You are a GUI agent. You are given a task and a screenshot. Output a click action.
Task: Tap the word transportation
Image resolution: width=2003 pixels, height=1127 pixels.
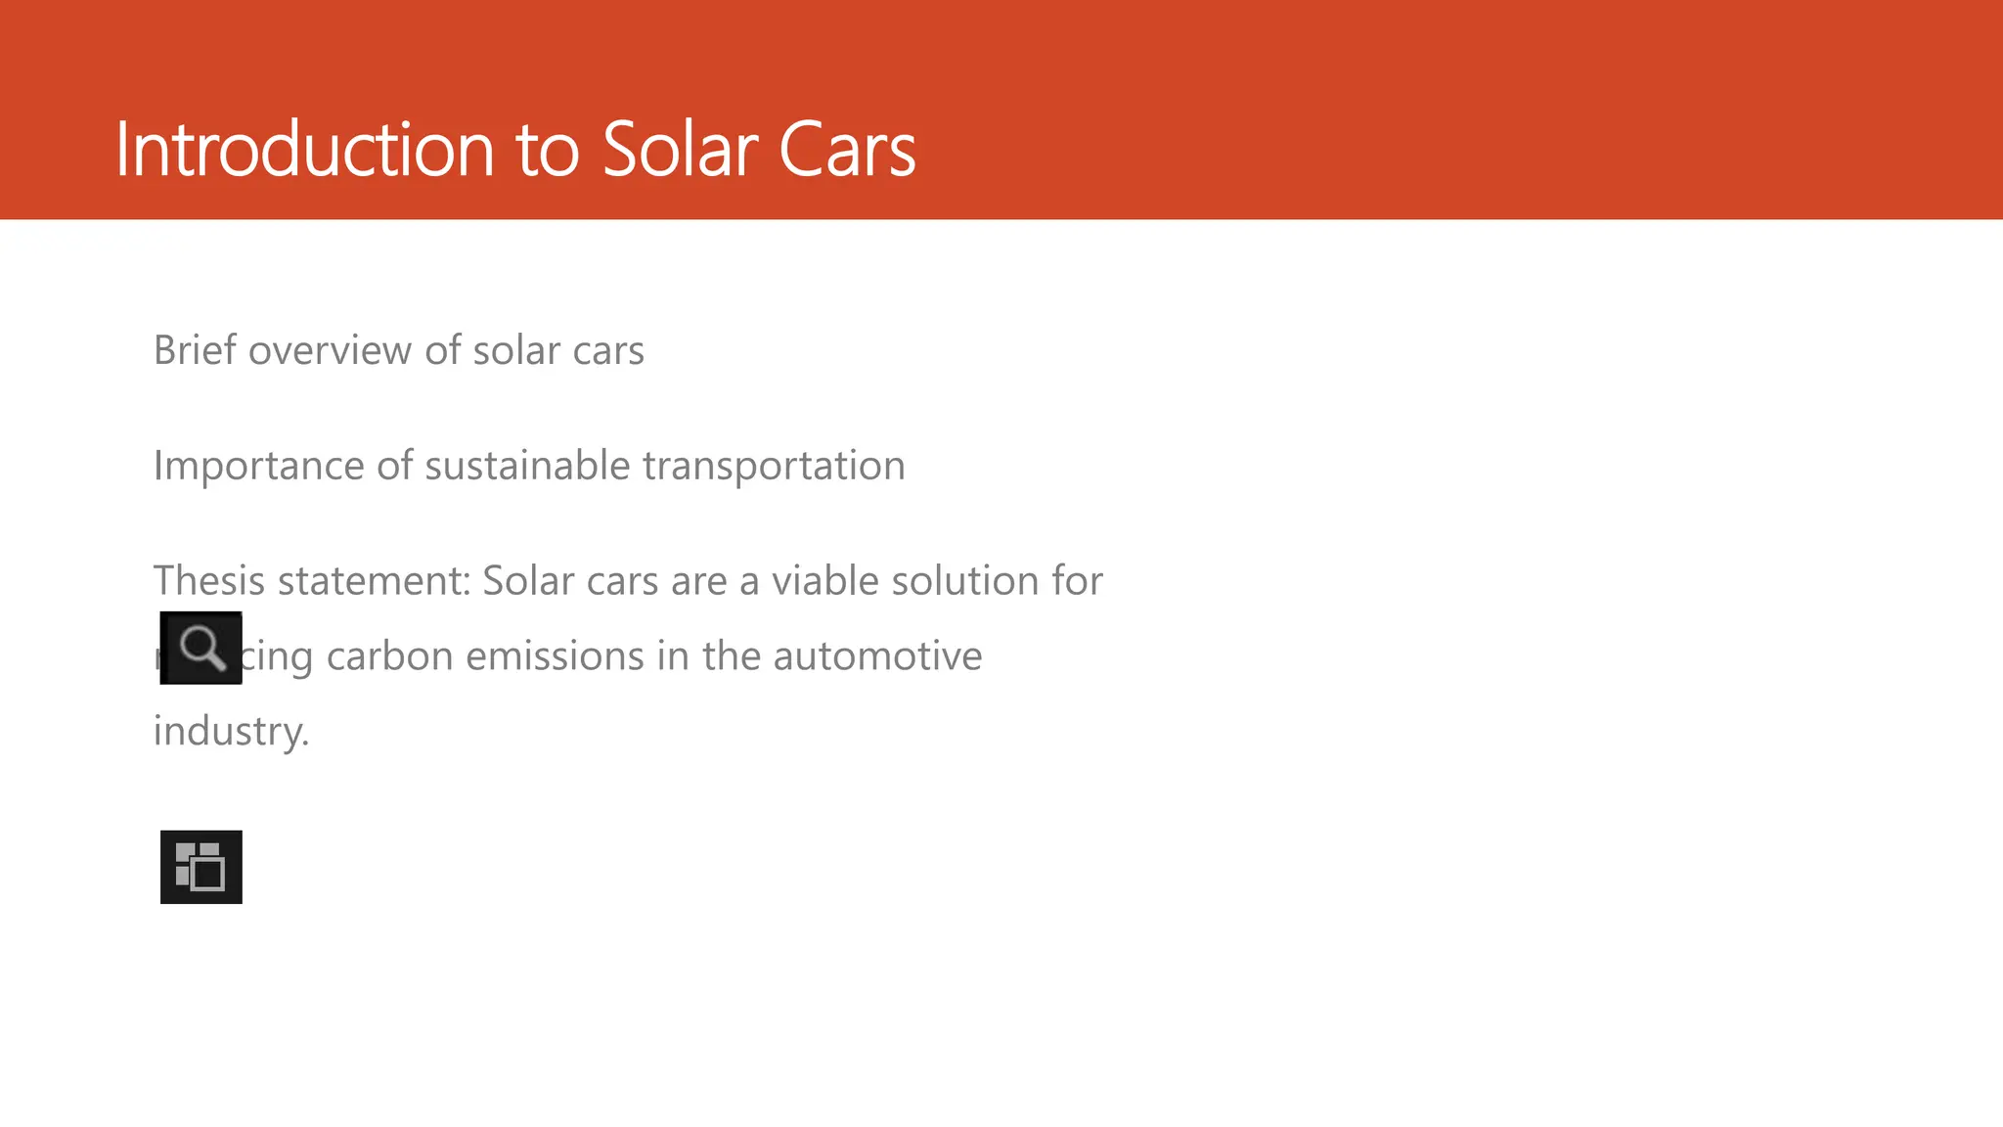point(774,467)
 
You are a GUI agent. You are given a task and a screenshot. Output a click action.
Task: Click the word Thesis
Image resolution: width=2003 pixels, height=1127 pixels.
point(209,581)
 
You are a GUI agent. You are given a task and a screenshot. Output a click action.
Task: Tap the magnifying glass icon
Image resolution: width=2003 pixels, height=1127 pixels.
point(201,648)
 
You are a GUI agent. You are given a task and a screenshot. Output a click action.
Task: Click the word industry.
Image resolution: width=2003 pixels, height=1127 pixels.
point(231,732)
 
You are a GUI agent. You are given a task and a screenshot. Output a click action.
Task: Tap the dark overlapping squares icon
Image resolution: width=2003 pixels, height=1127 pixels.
point(201,867)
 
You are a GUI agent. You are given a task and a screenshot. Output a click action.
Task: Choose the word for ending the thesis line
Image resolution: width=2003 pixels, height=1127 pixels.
point(1077,581)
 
